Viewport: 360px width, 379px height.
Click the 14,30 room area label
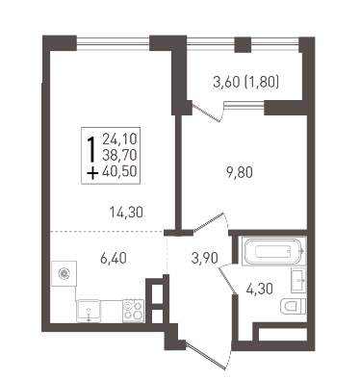click(x=126, y=213)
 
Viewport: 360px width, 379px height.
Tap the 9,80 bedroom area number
click(x=240, y=172)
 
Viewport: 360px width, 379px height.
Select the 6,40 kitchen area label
click(x=114, y=258)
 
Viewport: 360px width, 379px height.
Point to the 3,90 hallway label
click(x=205, y=258)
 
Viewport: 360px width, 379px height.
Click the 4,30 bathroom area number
click(x=260, y=290)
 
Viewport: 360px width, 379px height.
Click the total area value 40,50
click(x=119, y=171)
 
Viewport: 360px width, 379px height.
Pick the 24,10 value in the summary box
click(x=119, y=139)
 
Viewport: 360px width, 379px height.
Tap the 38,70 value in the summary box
click(x=119, y=155)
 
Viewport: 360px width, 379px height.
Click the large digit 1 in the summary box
click(x=92, y=149)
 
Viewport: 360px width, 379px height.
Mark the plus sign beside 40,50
click(x=92, y=174)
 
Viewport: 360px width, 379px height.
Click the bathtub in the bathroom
click(x=273, y=251)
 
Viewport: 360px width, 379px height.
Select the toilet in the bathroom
click(x=294, y=306)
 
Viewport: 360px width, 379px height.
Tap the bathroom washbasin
click(x=298, y=281)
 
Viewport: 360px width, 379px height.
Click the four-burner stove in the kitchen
click(x=133, y=310)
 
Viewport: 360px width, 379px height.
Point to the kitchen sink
click(x=89, y=311)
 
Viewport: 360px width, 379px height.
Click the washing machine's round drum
click(x=64, y=273)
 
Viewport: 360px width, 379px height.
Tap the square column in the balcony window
click(x=243, y=45)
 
